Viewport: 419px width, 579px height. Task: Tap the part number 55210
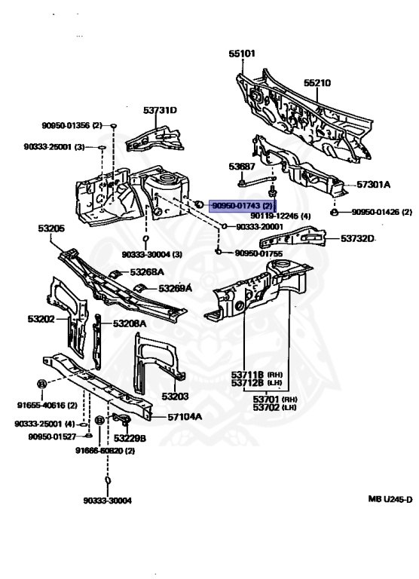317,81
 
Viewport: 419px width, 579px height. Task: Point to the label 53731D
160,111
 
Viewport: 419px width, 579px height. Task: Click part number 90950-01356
72,126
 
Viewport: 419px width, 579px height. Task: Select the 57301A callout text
374,184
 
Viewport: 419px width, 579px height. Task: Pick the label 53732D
357,239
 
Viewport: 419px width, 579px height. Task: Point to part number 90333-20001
259,226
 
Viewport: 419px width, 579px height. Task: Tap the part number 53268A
146,272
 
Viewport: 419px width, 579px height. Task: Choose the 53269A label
175,288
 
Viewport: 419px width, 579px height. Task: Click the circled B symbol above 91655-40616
42,384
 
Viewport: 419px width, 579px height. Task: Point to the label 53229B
130,437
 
